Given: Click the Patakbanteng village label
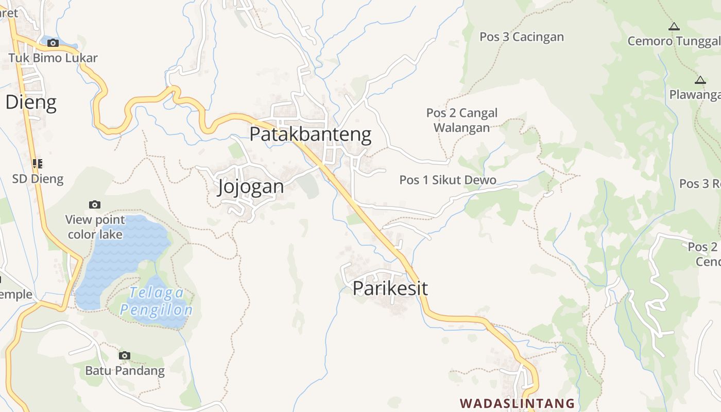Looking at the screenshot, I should pos(310,134).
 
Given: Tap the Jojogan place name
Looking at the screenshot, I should pos(251,186).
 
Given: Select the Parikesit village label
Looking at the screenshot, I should pos(390,288).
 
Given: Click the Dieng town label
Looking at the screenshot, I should pos(30,102).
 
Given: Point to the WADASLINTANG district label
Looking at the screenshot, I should pos(517,403).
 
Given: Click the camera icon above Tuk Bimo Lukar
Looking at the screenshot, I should pos(53,43).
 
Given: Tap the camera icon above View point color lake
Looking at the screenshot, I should pos(94,204).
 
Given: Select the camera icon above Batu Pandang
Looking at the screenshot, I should pos(124,355).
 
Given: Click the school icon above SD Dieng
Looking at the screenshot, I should pos(37,164).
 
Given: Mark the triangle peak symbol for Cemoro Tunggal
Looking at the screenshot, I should pos(674,26).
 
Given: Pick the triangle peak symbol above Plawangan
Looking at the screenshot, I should pos(699,80).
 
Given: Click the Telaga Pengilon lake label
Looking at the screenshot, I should pos(156,301).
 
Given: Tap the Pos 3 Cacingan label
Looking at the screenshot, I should pos(521,37).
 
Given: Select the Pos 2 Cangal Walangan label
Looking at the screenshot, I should pos(462,120).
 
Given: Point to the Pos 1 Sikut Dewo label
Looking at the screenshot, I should pos(448,180).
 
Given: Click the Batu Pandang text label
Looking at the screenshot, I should pos(125,370).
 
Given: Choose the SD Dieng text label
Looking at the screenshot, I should pos(38,179).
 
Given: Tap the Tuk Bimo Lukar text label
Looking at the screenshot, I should pos(53,58).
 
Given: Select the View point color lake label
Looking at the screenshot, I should pos(95,227).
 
